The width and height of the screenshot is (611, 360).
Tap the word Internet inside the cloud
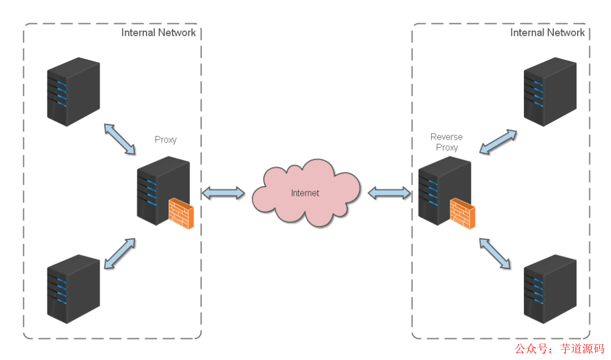point(305,193)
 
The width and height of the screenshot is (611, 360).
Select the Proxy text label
point(165,140)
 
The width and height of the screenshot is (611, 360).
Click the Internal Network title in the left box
point(158,32)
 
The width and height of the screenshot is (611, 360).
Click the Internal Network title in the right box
point(547,32)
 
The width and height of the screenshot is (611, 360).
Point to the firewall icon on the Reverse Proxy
point(462,213)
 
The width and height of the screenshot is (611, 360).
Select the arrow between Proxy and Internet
point(223,192)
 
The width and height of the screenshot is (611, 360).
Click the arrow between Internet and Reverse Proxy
point(389,193)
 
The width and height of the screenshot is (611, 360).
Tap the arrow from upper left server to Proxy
point(119,139)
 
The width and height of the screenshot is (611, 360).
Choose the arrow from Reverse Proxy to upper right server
point(497,142)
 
